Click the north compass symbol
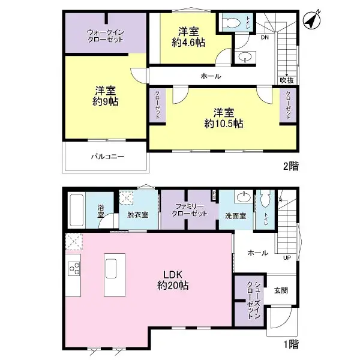pos(311,20)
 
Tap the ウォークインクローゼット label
pos(106,34)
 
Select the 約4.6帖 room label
pos(188,37)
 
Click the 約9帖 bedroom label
pos(106,96)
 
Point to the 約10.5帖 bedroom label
pos(223,118)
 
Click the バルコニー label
pos(107,157)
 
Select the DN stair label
pos(265,38)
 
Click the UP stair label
pos(287,258)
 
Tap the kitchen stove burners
pos(74,269)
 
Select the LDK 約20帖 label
pos(174,280)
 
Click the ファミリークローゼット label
pos(190,209)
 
